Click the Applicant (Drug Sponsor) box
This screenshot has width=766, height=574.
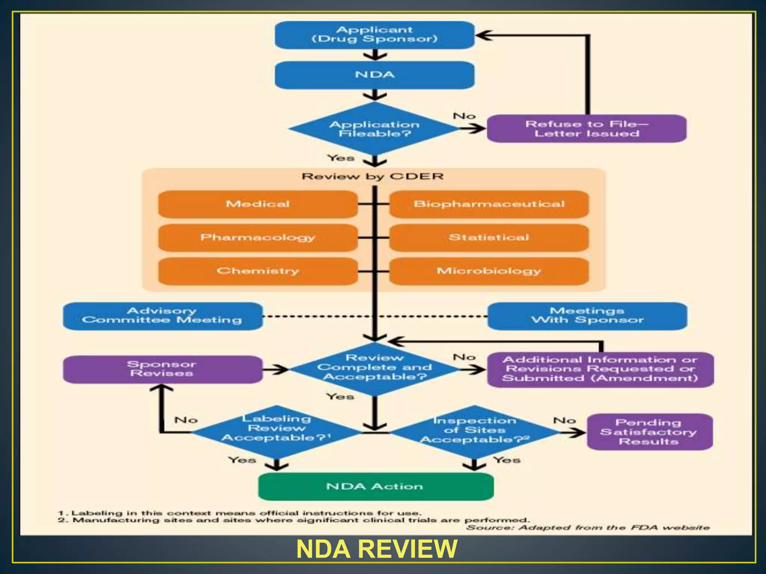pos(374,35)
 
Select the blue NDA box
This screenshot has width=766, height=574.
pos(374,75)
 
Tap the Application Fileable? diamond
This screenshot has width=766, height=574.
pos(374,129)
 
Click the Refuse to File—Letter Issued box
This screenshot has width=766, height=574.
pos(586,129)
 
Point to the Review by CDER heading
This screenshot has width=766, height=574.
pos(373,176)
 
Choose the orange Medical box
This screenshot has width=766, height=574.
pos(258,204)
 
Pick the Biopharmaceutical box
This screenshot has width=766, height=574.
pos(489,204)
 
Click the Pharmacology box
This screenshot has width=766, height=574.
pos(258,238)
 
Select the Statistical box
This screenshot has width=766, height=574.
pos(489,238)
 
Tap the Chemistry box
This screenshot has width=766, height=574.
pos(258,271)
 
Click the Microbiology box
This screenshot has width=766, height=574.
pos(489,271)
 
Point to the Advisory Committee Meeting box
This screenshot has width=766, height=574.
pos(162,316)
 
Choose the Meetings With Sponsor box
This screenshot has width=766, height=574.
pos(587,316)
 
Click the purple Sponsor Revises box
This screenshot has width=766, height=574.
pos(162,369)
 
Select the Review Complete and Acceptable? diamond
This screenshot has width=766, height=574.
pos(374,368)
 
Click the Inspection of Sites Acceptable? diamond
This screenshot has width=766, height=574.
pos(474,431)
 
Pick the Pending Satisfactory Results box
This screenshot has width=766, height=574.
pos(649,432)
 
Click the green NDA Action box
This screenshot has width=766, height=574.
pos(376,487)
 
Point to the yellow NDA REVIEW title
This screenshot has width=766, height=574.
pos(377,549)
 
